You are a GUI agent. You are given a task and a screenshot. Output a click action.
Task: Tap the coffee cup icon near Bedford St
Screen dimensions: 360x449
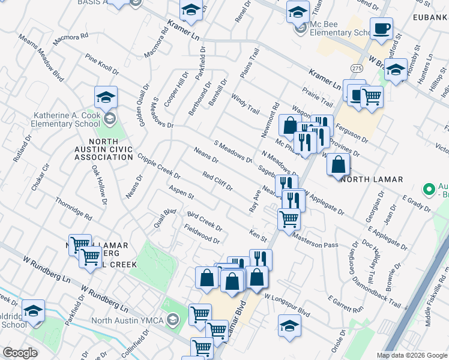pos(381,28)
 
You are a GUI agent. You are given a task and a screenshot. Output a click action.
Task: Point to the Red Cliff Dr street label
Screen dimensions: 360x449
pos(217,181)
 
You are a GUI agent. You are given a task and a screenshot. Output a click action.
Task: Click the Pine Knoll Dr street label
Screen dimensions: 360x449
pos(102,64)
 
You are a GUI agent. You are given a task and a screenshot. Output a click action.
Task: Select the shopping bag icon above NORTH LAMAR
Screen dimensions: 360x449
pos(339,164)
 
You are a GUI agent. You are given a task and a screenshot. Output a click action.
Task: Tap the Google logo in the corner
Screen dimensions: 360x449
pos(20,353)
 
